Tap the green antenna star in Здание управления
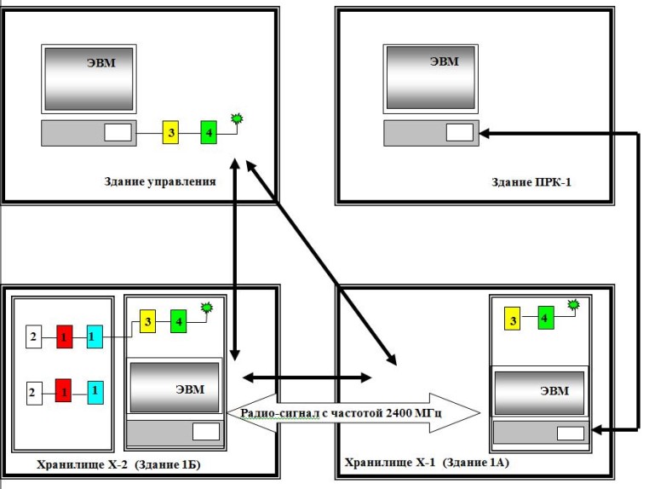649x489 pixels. point(236,118)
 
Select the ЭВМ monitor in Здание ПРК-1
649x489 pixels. point(431,78)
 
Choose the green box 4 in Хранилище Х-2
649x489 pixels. point(179,321)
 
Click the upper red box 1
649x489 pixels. point(64,337)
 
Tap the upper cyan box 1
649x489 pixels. point(95,337)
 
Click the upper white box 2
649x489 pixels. point(32,337)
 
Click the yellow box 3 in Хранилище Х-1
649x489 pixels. point(513,320)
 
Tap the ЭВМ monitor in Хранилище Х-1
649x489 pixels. point(540,391)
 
